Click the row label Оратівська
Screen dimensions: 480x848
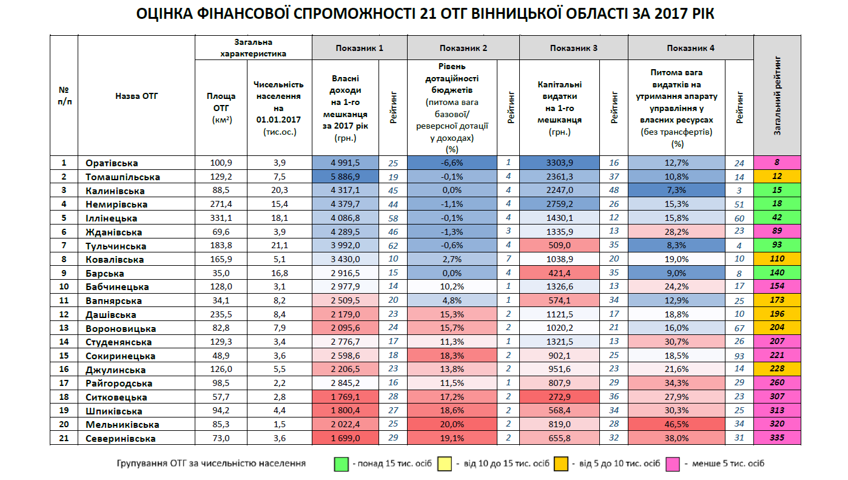tap(112, 163)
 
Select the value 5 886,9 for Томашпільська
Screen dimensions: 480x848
tap(345, 177)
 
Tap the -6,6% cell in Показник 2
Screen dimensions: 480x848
tap(451, 163)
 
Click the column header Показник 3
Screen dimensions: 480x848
tap(574, 48)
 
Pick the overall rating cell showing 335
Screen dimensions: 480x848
tap(777, 438)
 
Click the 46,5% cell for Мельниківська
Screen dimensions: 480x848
tap(676, 424)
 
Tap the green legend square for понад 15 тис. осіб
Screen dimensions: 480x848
tap(340, 464)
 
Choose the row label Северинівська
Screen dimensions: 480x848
tap(120, 438)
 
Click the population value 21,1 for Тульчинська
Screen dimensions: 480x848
tap(278, 246)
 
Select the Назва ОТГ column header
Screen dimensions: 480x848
tap(136, 95)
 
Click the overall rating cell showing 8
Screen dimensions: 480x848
tap(777, 163)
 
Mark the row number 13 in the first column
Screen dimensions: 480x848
tap(64, 328)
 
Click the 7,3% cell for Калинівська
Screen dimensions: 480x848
tap(676, 191)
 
